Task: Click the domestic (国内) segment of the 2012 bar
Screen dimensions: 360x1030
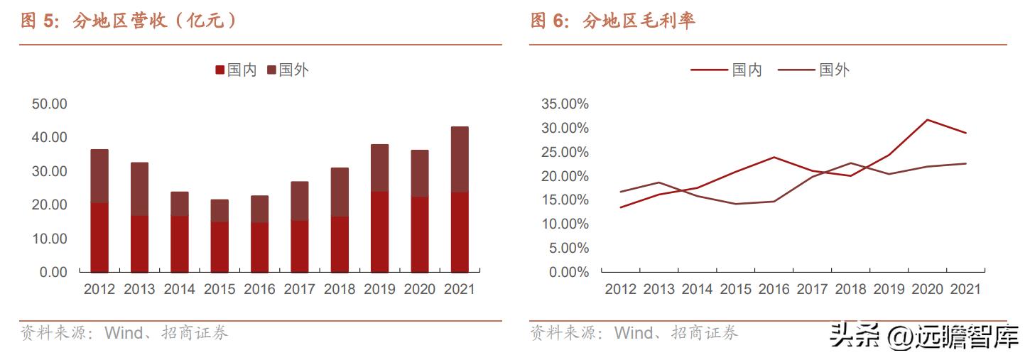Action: pyautogui.click(x=99, y=237)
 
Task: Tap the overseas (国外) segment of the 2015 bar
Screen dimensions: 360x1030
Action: pyautogui.click(x=219, y=211)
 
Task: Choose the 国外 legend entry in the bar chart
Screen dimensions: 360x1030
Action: pyautogui.click(x=288, y=70)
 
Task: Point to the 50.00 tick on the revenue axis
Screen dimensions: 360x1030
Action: pyautogui.click(x=49, y=104)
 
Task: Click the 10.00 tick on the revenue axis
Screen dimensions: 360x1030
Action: pyautogui.click(x=49, y=238)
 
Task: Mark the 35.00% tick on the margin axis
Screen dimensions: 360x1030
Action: pyautogui.click(x=565, y=104)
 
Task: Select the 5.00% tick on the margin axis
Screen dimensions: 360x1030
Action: pyautogui.click(x=568, y=248)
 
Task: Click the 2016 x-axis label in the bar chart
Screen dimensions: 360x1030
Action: pyautogui.click(x=259, y=290)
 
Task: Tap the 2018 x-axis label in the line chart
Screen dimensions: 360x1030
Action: pyautogui.click(x=850, y=290)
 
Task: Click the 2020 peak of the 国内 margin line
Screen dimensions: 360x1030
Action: pyautogui.click(x=927, y=119)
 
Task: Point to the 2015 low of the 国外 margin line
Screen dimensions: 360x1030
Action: pyautogui.click(x=735, y=204)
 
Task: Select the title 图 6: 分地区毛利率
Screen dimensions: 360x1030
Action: pyautogui.click(x=612, y=21)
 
